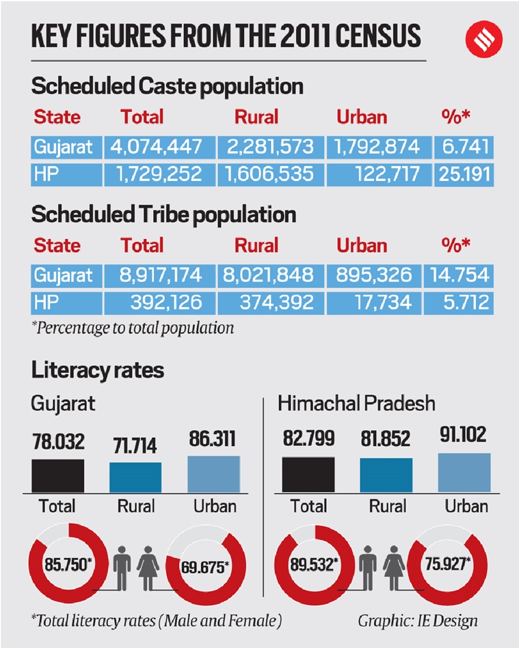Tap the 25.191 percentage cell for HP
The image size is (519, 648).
coord(463,174)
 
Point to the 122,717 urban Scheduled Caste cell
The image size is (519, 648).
coord(377,174)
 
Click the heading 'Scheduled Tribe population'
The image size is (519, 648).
coord(163,214)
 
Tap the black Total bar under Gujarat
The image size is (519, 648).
coord(58,476)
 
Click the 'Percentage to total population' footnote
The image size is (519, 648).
coord(133,328)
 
